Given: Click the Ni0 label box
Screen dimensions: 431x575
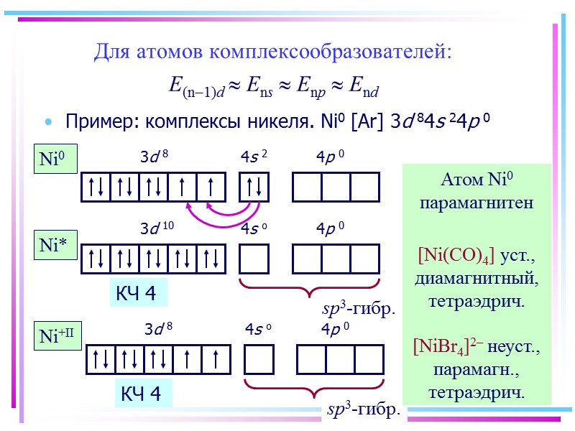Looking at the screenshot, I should pyautogui.click(x=57, y=159).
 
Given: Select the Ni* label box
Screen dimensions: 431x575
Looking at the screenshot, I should pyautogui.click(x=56, y=245).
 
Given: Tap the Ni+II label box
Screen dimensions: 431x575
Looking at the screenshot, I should pyautogui.click(x=62, y=334).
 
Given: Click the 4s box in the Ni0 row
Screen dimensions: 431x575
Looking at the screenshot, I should pyautogui.click(x=254, y=187).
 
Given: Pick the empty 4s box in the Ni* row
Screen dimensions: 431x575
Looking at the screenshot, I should pyautogui.click(x=254, y=259).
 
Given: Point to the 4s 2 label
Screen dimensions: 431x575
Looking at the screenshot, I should pyautogui.click(x=254, y=156).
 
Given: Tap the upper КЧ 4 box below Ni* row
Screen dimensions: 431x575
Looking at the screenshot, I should pyautogui.click(x=137, y=294).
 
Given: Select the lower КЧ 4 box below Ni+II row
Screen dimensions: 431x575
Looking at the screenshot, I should pyautogui.click(x=142, y=394).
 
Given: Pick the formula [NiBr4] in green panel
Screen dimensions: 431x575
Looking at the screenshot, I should pyautogui.click(x=446, y=347).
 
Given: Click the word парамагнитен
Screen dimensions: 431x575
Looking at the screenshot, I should pyautogui.click(x=477, y=203).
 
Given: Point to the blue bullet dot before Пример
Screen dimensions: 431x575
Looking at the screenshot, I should pyautogui.click(x=49, y=122).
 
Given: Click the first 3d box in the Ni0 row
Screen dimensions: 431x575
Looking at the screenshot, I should pyautogui.click(x=95, y=187).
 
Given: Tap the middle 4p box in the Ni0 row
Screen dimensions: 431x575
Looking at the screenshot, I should pyautogui.click(x=336, y=187).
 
